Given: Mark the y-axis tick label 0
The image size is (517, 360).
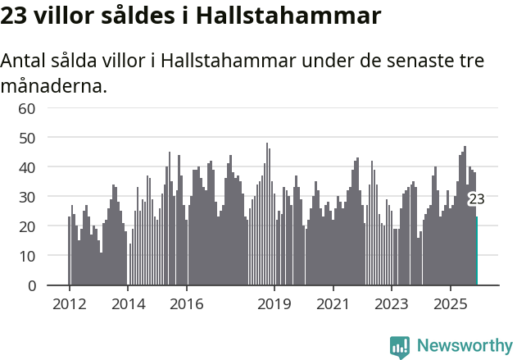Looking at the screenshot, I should (31, 285).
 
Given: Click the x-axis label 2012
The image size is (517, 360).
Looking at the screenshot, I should (69, 303).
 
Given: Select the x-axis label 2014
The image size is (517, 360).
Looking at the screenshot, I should (128, 303).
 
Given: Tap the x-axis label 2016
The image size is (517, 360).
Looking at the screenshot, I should (187, 303).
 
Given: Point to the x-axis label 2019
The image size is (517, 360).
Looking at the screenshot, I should (274, 303).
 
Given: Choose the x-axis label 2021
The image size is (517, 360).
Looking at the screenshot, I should (333, 303).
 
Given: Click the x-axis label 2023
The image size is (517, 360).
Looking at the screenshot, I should (392, 303).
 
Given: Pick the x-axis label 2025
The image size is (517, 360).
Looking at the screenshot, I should (451, 303).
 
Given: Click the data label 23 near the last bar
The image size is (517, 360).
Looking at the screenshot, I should (476, 199).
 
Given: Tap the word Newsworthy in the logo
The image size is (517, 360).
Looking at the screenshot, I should (465, 345).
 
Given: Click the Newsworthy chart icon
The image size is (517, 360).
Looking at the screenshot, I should (400, 346).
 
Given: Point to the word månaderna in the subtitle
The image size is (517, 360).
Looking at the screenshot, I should (54, 84).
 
